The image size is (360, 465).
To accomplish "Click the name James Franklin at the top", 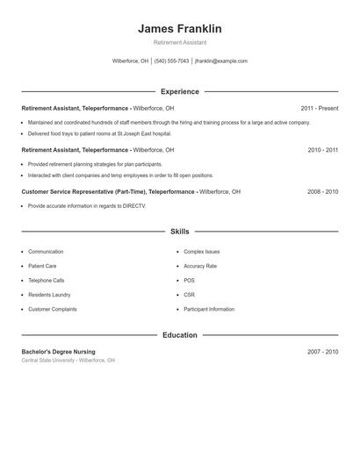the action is tap(180, 29).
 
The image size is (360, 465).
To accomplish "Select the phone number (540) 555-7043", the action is tap(172, 61).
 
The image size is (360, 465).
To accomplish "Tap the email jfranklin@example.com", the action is tap(221, 61).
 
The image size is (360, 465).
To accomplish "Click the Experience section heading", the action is tap(180, 91).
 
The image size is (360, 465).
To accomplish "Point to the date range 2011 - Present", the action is tap(319, 108).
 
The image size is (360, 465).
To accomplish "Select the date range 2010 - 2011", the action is tap(322, 150).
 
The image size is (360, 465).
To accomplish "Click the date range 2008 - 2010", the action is tap(322, 190).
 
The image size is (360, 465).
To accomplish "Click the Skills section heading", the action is tap(180, 232).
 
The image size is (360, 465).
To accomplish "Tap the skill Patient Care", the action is tap(42, 266).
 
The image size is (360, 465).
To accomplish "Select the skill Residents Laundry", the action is tap(48, 295).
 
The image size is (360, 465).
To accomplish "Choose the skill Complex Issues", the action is tap(201, 252).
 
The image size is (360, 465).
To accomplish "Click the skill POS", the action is tap(189, 281).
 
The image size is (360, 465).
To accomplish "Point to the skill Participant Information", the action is tap(209, 309).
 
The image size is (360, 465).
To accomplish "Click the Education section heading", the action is tap(180, 335).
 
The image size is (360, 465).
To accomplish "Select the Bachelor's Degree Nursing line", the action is tap(58, 352).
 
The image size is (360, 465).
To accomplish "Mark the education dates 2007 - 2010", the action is tap(322, 352).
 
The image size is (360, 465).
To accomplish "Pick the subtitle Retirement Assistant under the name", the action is tap(180, 43).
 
